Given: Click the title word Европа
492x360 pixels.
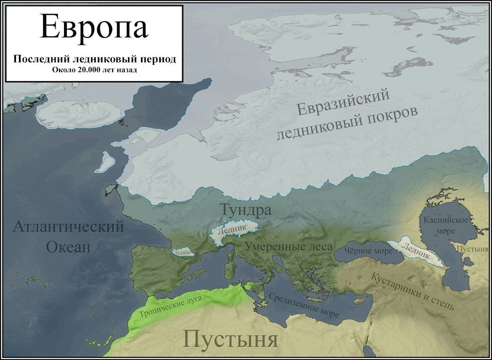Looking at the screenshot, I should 94,27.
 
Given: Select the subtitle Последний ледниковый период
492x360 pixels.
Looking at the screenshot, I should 94,59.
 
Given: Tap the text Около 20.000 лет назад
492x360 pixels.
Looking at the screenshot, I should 94,69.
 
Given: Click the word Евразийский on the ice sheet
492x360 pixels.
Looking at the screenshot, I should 343,103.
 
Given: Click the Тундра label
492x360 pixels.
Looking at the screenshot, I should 245,210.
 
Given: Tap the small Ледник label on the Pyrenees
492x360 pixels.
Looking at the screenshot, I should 183,252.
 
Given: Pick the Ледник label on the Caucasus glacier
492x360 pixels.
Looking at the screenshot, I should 416,251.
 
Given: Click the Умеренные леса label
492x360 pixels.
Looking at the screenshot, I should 289,246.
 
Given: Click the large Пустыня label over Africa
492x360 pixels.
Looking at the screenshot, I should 231,339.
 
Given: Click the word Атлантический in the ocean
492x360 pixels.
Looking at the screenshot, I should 68,227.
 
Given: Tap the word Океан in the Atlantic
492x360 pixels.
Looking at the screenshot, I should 68,246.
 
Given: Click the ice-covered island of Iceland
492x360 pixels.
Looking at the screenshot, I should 79,114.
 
